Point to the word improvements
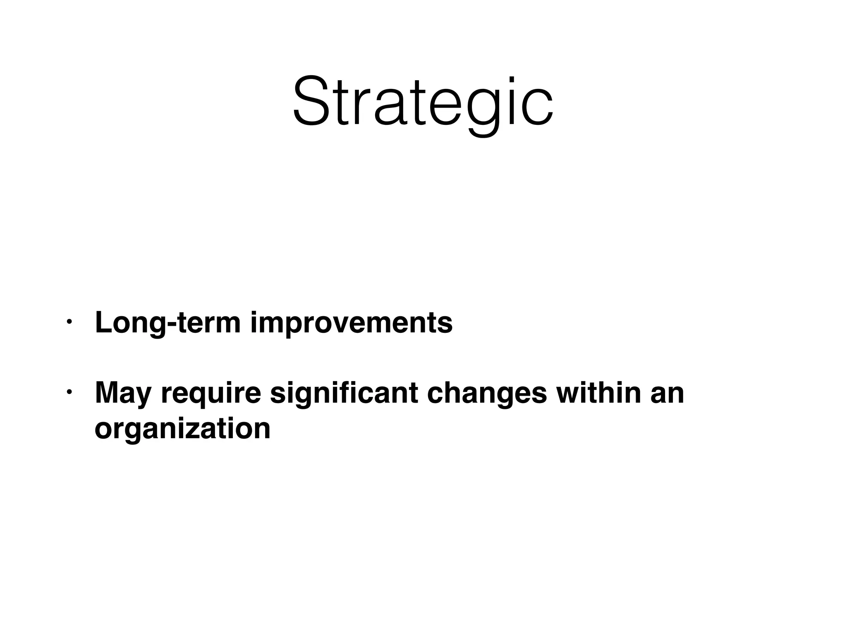352,323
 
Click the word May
123,394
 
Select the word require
211,394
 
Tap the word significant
344,393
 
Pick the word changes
487,394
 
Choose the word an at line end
667,394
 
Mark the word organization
182,429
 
